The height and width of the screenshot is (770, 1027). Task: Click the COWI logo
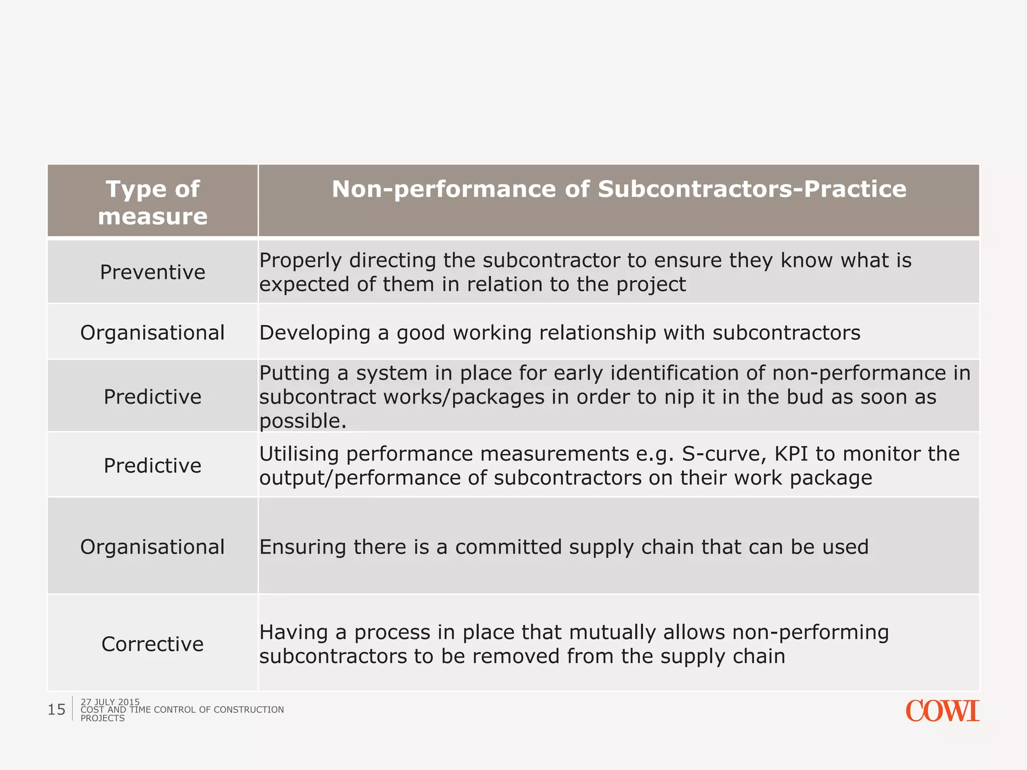pyautogui.click(x=942, y=711)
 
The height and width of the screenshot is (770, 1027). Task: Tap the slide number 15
pyautogui.click(x=57, y=709)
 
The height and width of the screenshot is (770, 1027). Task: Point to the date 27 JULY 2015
pyautogui.click(x=110, y=702)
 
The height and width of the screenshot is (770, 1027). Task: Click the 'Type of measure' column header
pyautogui.click(x=152, y=202)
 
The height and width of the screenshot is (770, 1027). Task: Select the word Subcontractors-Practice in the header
pyautogui.click(x=752, y=189)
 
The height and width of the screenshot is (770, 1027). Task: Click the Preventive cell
pyautogui.click(x=152, y=272)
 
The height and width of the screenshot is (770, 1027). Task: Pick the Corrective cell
pyautogui.click(x=152, y=644)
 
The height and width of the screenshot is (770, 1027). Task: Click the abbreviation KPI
pyautogui.click(x=791, y=454)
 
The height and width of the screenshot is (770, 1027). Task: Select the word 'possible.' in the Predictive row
pyautogui.click(x=303, y=421)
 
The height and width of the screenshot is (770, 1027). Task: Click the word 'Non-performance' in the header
pyautogui.click(x=444, y=189)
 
